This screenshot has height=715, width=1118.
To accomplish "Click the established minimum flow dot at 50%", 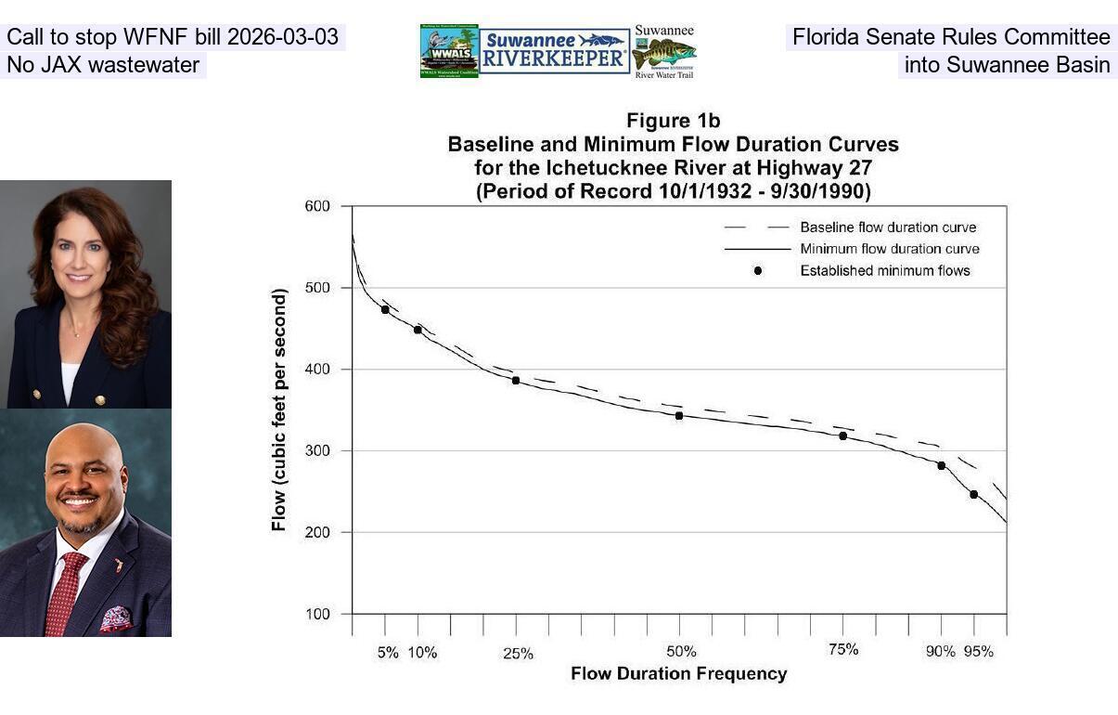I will pyautogui.click(x=679, y=415).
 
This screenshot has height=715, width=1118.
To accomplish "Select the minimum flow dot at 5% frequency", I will pyautogui.click(x=385, y=309).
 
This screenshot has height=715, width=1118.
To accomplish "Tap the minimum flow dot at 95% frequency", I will pyautogui.click(x=973, y=494).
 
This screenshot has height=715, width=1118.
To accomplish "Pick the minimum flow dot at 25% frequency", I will pyautogui.click(x=516, y=380).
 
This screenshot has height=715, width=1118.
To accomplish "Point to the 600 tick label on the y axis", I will pyautogui.click(x=317, y=206).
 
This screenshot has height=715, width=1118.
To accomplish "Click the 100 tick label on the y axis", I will pyautogui.click(x=317, y=614).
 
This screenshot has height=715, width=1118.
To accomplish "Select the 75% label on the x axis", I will pyautogui.click(x=842, y=650).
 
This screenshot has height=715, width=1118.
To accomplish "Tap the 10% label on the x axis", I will pyautogui.click(x=422, y=653).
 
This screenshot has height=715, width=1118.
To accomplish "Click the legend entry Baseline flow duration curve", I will pyautogui.click(x=888, y=227).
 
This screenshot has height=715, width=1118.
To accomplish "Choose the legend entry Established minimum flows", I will pyautogui.click(x=884, y=271).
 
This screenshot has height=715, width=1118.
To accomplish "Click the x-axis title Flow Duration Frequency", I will pyautogui.click(x=678, y=674).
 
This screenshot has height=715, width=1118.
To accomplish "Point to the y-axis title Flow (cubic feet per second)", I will pyautogui.click(x=279, y=409).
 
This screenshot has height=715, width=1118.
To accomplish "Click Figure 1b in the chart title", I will pyautogui.click(x=673, y=121).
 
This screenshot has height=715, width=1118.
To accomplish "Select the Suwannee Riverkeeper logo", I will pyautogui.click(x=555, y=51).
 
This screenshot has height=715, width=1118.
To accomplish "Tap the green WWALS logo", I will pyautogui.click(x=449, y=51).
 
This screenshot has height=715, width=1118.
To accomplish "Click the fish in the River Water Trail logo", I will pyautogui.click(x=663, y=53).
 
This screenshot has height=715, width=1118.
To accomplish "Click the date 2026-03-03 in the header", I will pyautogui.click(x=283, y=38).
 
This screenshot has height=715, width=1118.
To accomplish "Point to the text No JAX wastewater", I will pyautogui.click(x=103, y=65).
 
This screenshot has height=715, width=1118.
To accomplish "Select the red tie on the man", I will pyautogui.click(x=67, y=591).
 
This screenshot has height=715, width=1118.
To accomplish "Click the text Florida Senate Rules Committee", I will pyautogui.click(x=950, y=38).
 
